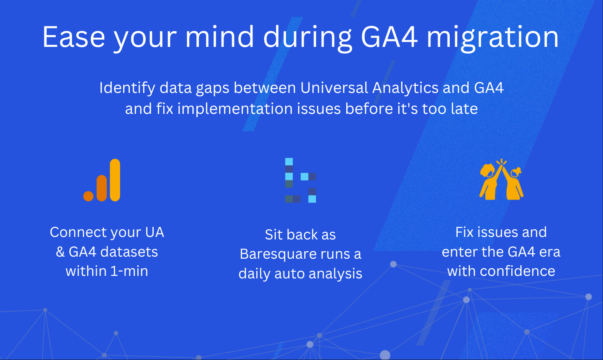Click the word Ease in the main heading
coord(74,37)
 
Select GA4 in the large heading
coord(389,37)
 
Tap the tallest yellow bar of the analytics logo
coord(115,180)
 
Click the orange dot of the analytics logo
coord(88,196)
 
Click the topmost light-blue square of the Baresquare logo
coord(289,162)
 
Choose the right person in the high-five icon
coord(513,184)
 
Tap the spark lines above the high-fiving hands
coord(501,162)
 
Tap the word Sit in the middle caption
coord(273,235)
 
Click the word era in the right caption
coord(550,252)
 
